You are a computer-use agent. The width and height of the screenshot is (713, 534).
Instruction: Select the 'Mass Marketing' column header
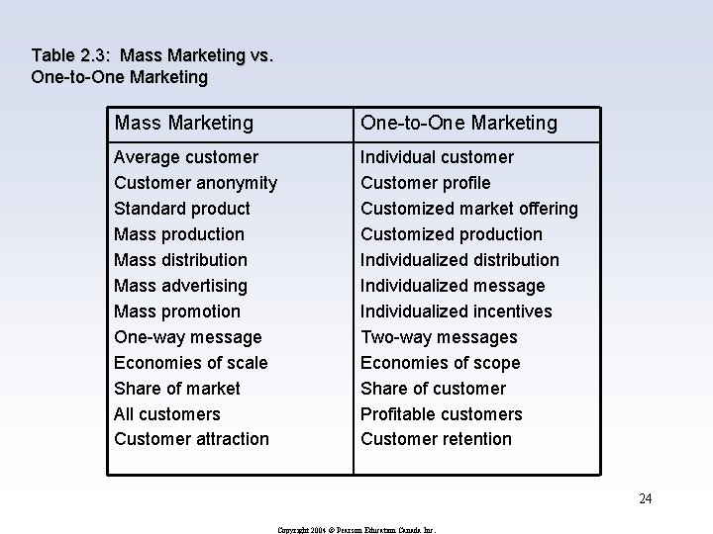point(184,123)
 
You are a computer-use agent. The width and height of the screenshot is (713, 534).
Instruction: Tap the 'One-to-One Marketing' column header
point(458,123)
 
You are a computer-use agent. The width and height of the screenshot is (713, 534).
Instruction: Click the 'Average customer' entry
point(186,157)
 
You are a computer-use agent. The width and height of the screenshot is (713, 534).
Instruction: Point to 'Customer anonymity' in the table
point(195,183)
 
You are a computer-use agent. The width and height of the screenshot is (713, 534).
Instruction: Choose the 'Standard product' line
point(182,209)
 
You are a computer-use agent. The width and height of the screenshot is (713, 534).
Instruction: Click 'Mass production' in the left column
point(179,234)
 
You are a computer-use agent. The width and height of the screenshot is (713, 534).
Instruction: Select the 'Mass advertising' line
point(181,286)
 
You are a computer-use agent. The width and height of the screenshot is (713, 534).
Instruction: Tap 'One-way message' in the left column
point(188,337)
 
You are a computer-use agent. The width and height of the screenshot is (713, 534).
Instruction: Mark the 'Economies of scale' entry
point(191,363)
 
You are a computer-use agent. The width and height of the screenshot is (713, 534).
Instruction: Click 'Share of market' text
point(177,389)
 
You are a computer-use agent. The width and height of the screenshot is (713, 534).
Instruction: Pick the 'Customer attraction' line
point(191,439)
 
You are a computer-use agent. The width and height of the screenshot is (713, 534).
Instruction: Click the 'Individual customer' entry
point(437,157)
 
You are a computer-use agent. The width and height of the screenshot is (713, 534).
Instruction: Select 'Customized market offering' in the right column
point(468,209)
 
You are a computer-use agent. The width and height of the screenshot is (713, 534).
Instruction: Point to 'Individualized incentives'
point(457,311)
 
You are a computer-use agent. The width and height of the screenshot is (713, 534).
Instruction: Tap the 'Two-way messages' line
point(439,337)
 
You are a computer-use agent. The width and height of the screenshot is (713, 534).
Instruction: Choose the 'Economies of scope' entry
point(440,363)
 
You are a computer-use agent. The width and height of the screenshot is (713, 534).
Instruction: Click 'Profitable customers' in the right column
point(441,414)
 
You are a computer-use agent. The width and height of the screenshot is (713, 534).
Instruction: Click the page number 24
point(645,498)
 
